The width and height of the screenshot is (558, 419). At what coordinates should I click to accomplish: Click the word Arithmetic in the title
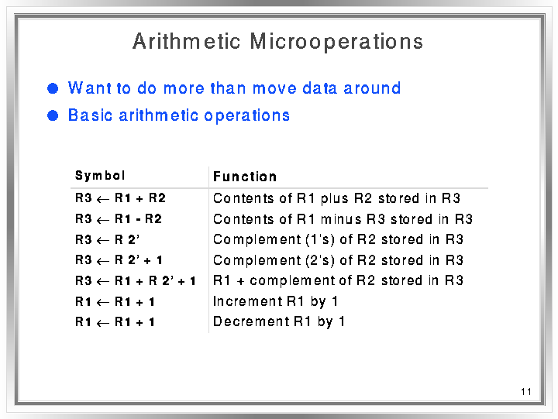(187, 41)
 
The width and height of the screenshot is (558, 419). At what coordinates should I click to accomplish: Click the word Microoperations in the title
(336, 42)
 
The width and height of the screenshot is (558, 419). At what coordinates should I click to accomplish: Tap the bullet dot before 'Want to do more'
(53, 88)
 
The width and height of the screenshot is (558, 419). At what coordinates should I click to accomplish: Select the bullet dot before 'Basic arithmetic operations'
(53, 115)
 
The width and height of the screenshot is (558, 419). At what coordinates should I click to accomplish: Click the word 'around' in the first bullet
(372, 88)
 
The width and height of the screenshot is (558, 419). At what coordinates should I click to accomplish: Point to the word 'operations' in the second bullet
(247, 116)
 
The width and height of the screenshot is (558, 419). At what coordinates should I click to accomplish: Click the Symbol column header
(100, 176)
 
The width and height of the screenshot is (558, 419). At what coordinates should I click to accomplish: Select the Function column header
(245, 177)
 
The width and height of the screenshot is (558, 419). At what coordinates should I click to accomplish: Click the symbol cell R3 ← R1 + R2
(120, 198)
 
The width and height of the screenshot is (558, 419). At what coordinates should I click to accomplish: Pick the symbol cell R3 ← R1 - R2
(119, 219)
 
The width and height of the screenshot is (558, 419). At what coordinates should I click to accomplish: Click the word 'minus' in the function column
(341, 219)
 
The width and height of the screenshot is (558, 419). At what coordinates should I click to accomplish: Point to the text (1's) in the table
(320, 240)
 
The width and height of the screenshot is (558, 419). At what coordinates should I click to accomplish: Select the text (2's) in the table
(320, 260)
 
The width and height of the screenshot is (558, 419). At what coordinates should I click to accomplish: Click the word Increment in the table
(247, 301)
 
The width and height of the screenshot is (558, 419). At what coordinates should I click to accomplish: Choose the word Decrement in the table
(251, 321)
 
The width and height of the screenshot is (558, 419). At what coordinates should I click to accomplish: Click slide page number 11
(526, 392)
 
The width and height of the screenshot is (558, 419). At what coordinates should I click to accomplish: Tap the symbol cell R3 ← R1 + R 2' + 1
(136, 281)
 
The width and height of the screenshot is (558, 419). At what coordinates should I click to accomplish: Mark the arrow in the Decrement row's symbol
(103, 323)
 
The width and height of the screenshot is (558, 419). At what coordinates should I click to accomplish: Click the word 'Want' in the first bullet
(89, 88)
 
